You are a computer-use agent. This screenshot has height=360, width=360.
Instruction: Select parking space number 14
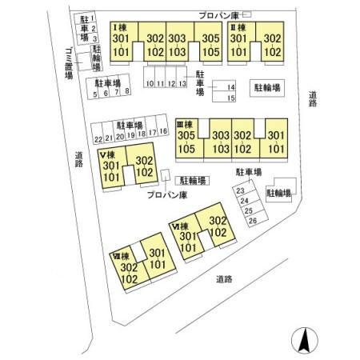(x=231, y=86)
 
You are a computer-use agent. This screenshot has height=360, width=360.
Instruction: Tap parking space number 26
(x=252, y=220)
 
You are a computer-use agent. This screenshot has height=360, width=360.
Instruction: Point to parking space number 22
(x=98, y=138)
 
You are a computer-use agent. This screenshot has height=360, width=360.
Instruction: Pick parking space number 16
(x=163, y=131)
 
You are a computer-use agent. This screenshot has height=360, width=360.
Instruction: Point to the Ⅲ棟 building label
(x=186, y=123)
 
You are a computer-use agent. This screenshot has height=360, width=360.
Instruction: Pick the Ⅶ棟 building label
(x=121, y=257)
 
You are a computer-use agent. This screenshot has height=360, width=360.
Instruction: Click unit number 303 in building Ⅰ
(x=178, y=38)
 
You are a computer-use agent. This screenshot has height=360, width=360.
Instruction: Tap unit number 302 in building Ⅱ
(x=272, y=38)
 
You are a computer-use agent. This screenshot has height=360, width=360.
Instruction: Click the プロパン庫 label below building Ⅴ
(x=166, y=194)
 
